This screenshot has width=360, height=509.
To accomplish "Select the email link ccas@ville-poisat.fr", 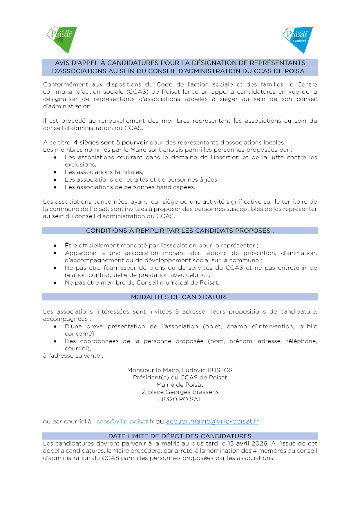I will point(125,422).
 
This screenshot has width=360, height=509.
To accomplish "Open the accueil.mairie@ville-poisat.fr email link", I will point(212,421).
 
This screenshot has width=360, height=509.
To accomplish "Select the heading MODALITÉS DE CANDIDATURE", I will point(180,297).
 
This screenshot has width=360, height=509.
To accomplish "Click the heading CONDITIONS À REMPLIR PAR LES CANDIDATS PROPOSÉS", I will point(180,231).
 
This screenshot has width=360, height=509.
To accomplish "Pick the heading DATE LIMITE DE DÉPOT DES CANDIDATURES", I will point(180,436).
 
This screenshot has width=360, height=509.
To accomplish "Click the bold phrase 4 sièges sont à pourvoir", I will point(111,143).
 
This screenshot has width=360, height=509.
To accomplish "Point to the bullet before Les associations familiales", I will point(55,172).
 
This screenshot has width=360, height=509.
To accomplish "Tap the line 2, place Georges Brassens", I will point(180,392).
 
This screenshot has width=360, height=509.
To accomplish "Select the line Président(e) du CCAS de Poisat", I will point(180,378).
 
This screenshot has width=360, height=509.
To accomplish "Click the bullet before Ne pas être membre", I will point(55,283).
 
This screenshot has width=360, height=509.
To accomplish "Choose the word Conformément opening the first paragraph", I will point(65,85).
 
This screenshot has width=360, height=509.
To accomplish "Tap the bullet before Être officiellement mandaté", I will point(55,246).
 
